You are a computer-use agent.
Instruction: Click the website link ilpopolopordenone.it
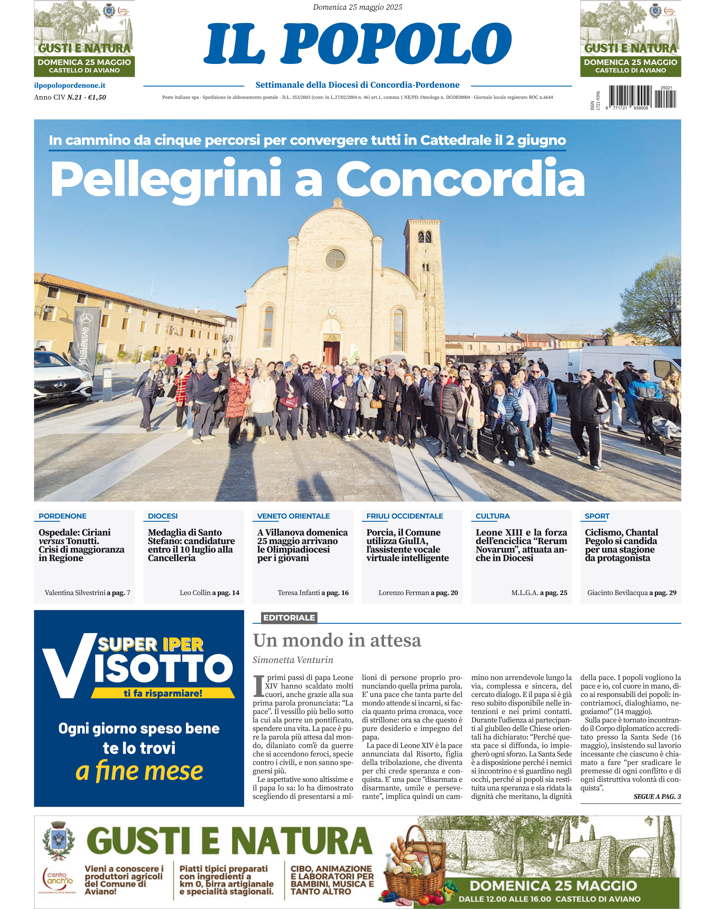[x=69, y=85]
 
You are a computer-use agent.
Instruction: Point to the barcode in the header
[x=642, y=97]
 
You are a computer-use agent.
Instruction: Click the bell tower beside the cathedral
[x=424, y=287]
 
